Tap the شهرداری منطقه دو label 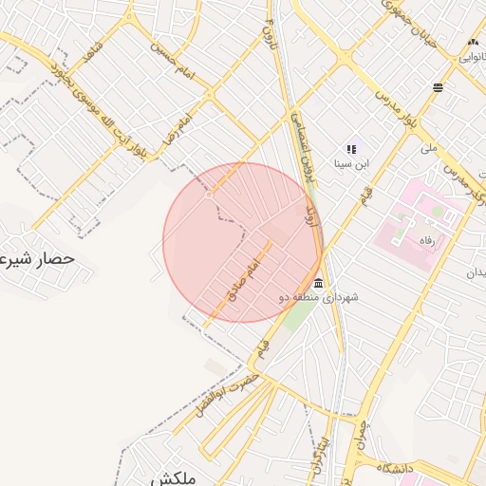click(x=318, y=298)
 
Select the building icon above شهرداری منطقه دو click(x=317, y=284)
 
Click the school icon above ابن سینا click(x=351, y=149)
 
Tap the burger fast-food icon click(x=438, y=88)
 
